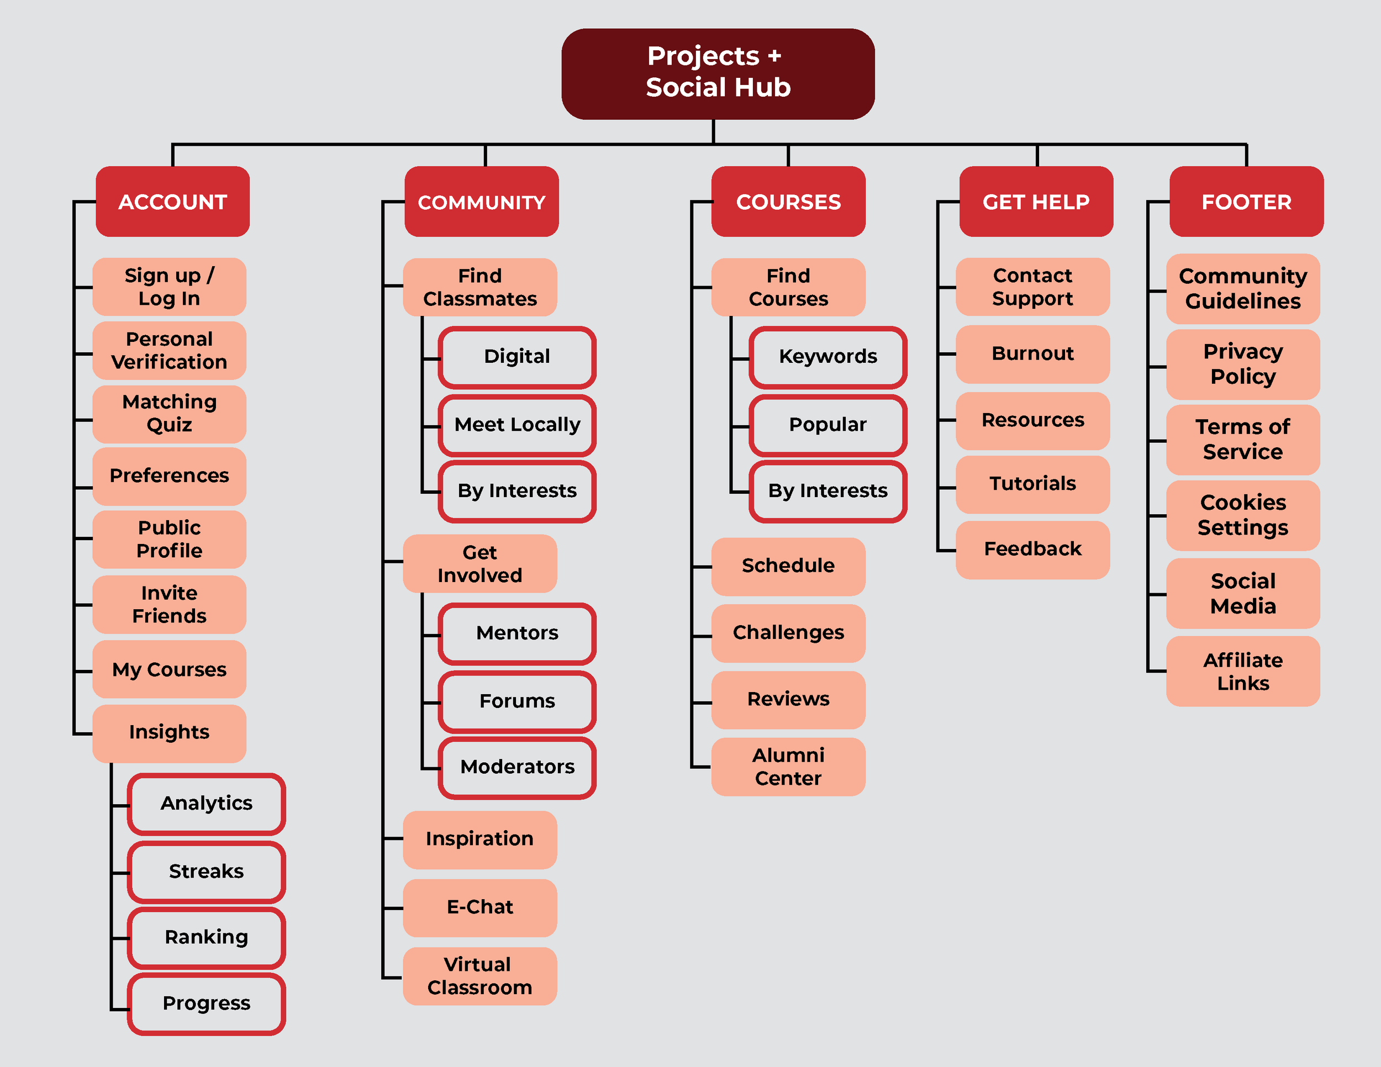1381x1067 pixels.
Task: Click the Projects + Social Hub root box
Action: tap(718, 73)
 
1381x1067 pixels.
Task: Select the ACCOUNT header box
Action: tap(172, 202)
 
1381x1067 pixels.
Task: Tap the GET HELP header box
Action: tap(1036, 202)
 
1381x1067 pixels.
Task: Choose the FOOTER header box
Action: tap(1246, 202)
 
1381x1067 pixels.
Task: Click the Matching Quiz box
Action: tap(170, 414)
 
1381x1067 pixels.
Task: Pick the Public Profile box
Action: tap(170, 539)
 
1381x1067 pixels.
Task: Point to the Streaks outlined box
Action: tap(206, 871)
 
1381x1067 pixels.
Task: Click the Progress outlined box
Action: tap(206, 1003)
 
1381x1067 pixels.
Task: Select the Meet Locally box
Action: tap(517, 424)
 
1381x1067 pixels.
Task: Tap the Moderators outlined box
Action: tap(517, 767)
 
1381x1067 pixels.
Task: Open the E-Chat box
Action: tap(480, 907)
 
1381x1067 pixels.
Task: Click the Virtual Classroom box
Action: tap(480, 976)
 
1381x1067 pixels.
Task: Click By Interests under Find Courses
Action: tap(827, 490)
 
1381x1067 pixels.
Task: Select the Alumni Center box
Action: tap(788, 767)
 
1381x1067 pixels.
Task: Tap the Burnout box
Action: tap(1032, 353)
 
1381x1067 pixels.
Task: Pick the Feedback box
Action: tap(1032, 548)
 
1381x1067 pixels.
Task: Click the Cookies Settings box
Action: tap(1242, 515)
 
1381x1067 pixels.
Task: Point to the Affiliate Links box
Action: tap(1242, 672)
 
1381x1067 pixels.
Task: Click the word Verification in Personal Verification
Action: tap(170, 362)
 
